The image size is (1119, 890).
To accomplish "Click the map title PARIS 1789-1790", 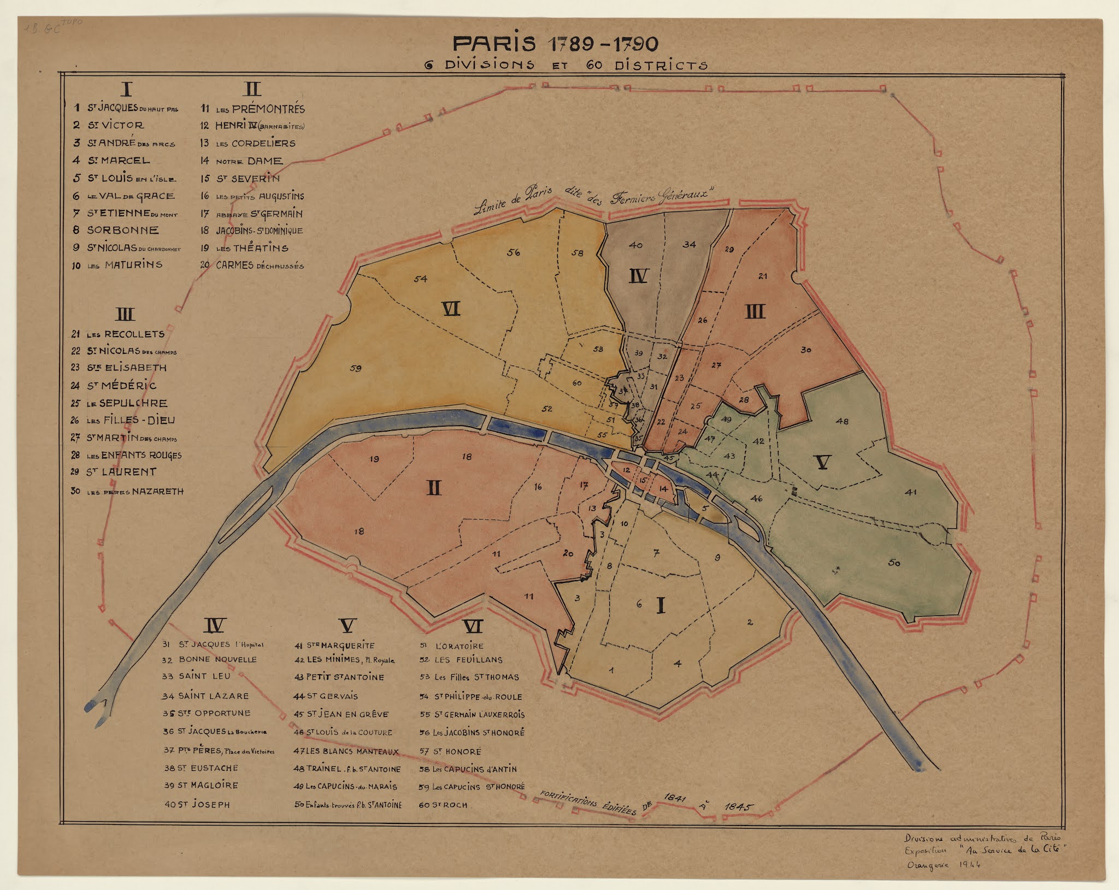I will click(556, 44).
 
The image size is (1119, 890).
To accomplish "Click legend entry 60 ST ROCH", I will click(443, 805).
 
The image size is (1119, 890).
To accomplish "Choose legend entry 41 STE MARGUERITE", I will click(334, 646).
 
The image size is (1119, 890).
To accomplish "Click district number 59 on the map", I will click(356, 368).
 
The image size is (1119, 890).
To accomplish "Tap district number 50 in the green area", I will click(894, 563).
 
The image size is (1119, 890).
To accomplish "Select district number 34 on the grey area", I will click(689, 245).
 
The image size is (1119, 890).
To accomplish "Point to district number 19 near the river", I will click(374, 459).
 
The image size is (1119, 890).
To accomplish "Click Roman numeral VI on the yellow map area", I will click(451, 309).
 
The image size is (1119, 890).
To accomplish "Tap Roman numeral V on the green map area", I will click(823, 463).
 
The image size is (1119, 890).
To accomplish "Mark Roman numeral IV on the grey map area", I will click(638, 276).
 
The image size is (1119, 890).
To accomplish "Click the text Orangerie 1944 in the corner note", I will click(944, 865).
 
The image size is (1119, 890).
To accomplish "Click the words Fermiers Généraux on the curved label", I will click(661, 196).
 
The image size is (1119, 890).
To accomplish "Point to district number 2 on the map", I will click(750, 622).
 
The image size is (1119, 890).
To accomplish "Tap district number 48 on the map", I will click(842, 421).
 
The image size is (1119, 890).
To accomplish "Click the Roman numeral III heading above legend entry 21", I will click(125, 315).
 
